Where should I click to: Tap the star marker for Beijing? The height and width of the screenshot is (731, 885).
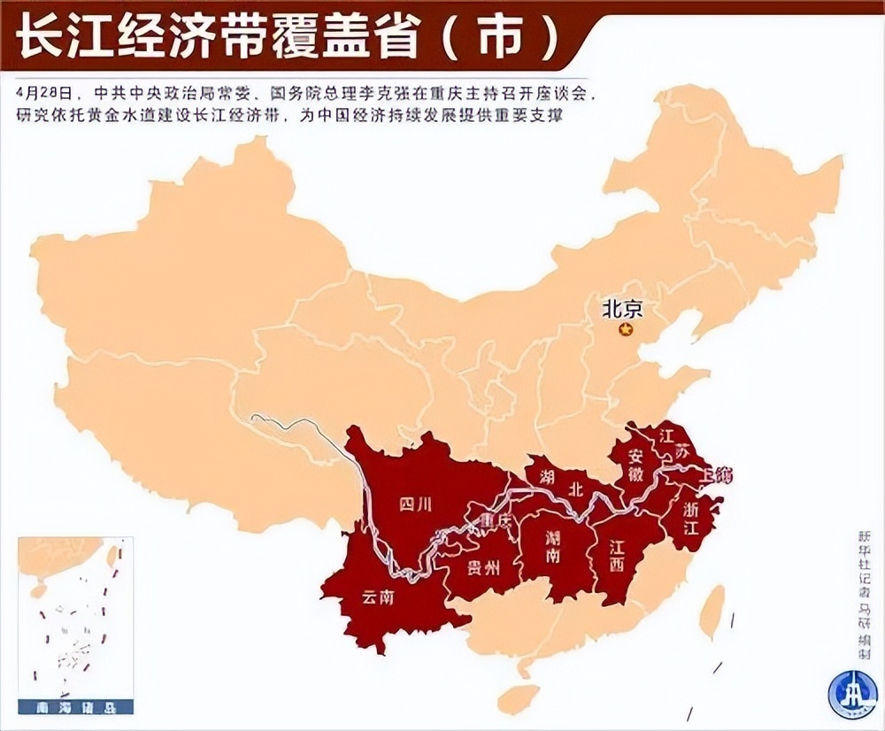click(x=627, y=330)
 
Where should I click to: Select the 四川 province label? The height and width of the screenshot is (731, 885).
click(x=413, y=504)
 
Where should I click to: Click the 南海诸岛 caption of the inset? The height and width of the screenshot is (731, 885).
click(x=74, y=708)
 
